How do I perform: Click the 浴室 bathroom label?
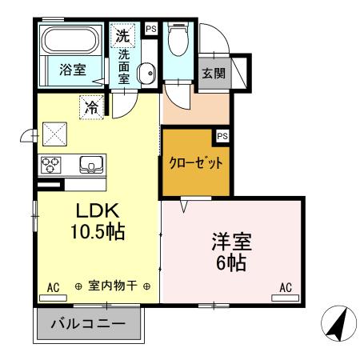tap(73, 70)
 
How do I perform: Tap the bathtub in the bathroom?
tap(69, 40)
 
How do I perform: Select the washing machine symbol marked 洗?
tap(122, 35)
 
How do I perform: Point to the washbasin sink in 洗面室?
tap(146, 74)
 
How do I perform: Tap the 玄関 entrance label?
tap(213, 74)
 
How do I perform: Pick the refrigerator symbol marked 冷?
tap(93, 106)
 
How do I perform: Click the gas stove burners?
tap(51, 166)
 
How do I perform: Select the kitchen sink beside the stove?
tap(91, 166)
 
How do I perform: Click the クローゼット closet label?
tap(195, 162)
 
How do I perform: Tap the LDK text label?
tap(97, 210)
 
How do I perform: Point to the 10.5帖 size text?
tap(97, 233)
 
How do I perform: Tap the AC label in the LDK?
tap(54, 287)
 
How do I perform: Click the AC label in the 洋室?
tap(286, 287)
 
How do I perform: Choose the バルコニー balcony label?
tap(89, 325)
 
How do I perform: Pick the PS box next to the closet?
tap(222, 135)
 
